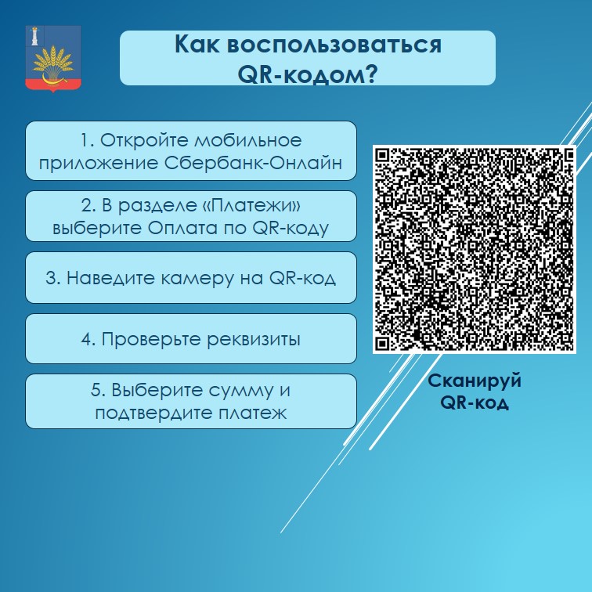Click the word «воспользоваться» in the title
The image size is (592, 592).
click(x=334, y=45)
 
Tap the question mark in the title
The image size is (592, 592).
click(x=370, y=74)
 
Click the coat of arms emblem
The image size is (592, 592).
click(x=53, y=59)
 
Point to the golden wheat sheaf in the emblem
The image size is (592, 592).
click(x=53, y=63)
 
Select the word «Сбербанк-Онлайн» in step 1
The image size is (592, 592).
click(x=253, y=163)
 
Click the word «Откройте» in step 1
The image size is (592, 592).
click(x=144, y=140)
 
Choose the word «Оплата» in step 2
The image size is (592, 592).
click(x=182, y=228)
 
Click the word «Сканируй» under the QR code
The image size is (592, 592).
click(x=475, y=381)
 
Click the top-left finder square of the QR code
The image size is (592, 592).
click(x=383, y=155)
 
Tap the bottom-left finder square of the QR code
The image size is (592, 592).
click(x=383, y=343)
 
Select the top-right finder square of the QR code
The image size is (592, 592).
click(x=568, y=155)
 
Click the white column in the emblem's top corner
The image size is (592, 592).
click(x=35, y=36)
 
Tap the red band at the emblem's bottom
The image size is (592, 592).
click(x=53, y=85)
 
